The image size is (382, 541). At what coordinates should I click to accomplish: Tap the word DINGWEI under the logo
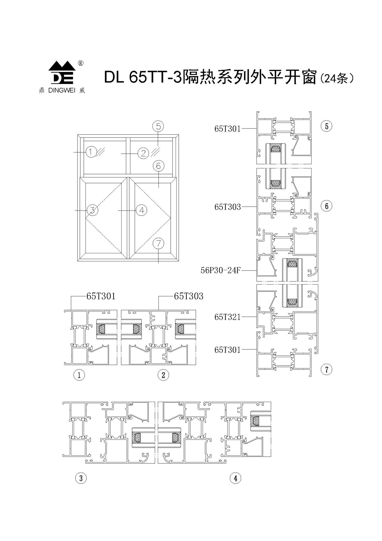coord(62,91)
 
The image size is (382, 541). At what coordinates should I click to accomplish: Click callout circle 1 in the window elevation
coord(91,152)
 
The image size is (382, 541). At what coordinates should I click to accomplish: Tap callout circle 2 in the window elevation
coord(143,153)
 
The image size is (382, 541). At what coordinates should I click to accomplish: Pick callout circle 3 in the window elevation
coord(93,210)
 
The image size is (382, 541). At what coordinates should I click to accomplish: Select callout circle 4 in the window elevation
coord(142,210)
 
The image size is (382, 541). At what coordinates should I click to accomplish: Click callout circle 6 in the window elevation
coord(158,166)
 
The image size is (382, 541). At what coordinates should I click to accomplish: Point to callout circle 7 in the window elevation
coord(158,243)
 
